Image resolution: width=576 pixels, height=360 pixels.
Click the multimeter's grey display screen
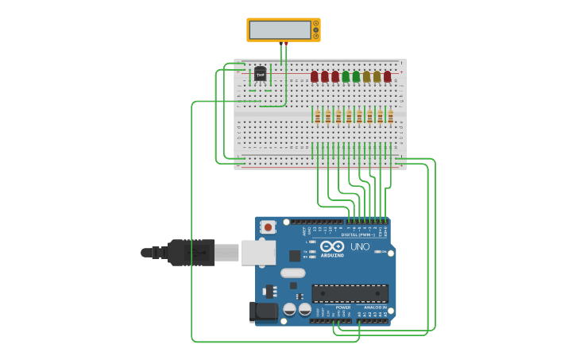click(x=280, y=30)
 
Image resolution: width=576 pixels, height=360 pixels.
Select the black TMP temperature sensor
click(x=260, y=75)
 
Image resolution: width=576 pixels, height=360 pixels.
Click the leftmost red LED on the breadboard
click(x=315, y=76)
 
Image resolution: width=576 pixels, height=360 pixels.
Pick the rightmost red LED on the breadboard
click(x=388, y=76)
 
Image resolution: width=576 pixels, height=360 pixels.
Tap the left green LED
click(x=346, y=76)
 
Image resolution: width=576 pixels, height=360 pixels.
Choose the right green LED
click(x=356, y=76)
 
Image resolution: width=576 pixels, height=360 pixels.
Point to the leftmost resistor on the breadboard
click(x=318, y=117)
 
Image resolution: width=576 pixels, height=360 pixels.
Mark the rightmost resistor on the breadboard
click(x=390, y=117)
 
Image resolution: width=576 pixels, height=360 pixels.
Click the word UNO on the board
click(x=360, y=247)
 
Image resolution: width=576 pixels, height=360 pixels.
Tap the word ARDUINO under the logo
click(x=333, y=255)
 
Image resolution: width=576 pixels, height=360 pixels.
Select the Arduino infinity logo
click(x=332, y=247)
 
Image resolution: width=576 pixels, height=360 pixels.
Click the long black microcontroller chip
click(x=350, y=293)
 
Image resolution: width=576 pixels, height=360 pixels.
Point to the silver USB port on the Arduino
click(x=257, y=253)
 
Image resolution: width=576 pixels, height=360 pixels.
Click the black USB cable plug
click(x=191, y=253)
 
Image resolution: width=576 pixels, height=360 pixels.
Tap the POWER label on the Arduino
click(x=342, y=308)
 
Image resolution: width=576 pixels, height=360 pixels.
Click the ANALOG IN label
click(x=375, y=308)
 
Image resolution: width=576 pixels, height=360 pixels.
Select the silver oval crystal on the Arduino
click(x=292, y=273)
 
